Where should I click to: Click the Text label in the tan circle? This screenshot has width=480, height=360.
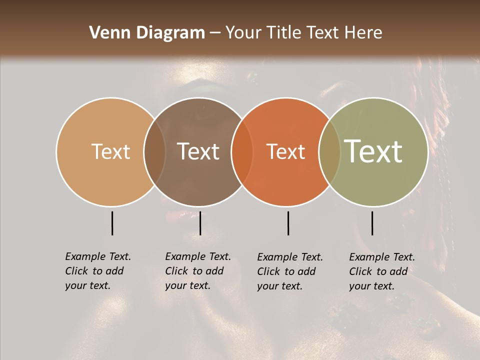110,151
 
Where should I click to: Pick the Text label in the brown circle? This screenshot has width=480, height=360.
198,151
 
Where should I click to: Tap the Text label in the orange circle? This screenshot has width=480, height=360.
286,151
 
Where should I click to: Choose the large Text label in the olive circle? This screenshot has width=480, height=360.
373,151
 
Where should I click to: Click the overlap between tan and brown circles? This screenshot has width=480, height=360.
154,151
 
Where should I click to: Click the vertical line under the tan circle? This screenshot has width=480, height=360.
112,223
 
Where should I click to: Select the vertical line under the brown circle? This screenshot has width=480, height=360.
200,223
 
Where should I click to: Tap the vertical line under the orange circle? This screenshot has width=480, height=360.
288,223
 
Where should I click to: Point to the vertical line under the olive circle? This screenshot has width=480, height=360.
372,223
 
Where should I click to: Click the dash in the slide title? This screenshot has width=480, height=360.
215,33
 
